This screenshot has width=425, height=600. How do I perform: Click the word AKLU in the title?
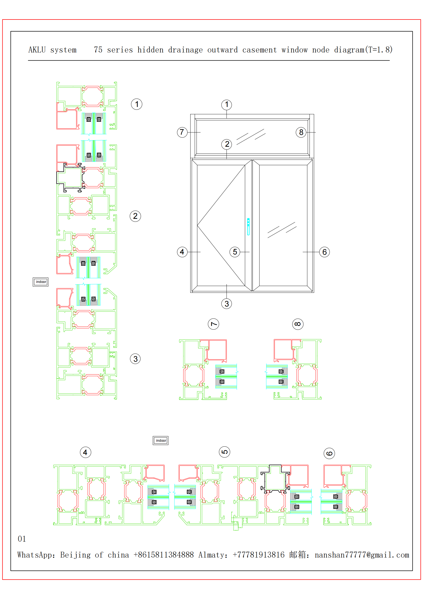pyautogui.click(x=37, y=50)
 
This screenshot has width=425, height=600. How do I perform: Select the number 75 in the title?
pyautogui.click(x=98, y=50)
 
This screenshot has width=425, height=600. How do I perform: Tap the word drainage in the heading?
pyautogui.click(x=185, y=50)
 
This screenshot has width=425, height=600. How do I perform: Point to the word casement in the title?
pyautogui.click(x=259, y=50)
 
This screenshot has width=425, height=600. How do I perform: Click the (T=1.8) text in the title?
pyautogui.click(x=379, y=50)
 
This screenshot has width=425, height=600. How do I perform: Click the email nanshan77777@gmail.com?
pyautogui.click(x=362, y=555)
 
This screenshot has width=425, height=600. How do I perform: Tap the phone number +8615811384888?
pyautogui.click(x=164, y=555)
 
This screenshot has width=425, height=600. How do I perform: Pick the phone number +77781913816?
pyautogui.click(x=258, y=555)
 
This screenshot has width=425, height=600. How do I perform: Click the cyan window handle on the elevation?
pyautogui.click(x=248, y=227)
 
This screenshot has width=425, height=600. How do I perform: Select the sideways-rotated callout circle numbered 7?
pyautogui.click(x=214, y=324)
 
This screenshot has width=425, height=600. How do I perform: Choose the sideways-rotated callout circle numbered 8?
pyautogui.click(x=298, y=324)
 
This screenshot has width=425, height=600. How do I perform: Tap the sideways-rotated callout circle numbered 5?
pyautogui.click(x=225, y=452)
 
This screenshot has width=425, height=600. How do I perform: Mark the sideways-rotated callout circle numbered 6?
pyautogui.click(x=329, y=453)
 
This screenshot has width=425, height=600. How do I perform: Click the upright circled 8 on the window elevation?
pyautogui.click(x=301, y=132)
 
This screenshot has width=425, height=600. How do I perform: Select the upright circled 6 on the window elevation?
pyautogui.click(x=325, y=252)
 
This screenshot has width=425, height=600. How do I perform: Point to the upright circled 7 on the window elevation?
pyautogui.click(x=182, y=132)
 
